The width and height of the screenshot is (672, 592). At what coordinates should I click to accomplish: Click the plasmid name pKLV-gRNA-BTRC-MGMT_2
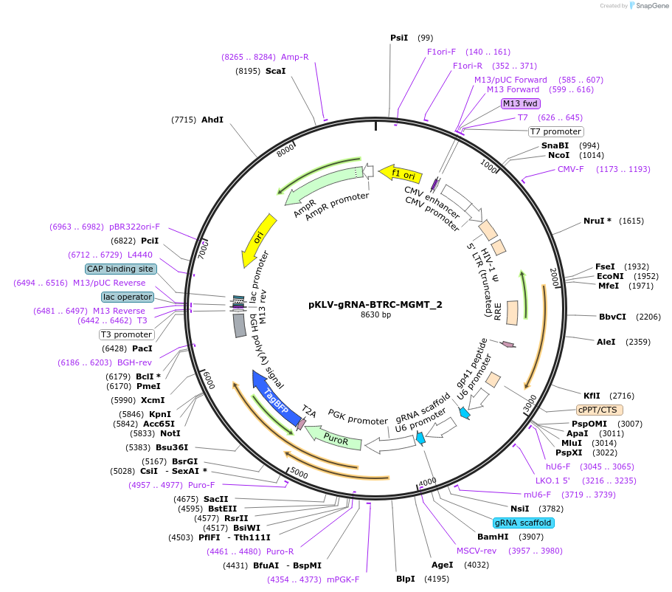point(375,304)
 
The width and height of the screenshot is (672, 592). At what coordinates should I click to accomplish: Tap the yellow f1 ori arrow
point(401,173)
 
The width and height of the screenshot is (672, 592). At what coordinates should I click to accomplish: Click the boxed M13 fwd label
point(521,103)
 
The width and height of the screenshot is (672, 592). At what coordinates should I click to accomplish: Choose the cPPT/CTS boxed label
point(600,410)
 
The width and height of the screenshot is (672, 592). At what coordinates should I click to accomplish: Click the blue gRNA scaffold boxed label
point(523,523)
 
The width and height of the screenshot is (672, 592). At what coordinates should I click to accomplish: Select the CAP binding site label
point(120,269)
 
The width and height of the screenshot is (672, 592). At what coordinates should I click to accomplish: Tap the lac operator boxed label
point(128,297)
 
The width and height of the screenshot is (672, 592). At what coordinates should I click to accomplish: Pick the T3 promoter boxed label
point(126,334)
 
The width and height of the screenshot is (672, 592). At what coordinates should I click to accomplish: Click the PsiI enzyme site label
point(399,38)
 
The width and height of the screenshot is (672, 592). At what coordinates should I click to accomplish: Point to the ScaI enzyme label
point(275,71)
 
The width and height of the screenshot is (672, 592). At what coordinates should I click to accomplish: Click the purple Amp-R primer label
point(295,56)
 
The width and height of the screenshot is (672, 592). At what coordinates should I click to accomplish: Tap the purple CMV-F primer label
point(570,169)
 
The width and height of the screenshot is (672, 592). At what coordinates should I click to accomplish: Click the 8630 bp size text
point(375,315)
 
